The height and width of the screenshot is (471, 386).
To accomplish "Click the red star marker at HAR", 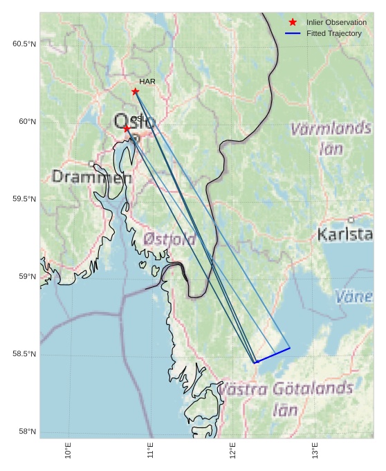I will [x=136, y=91].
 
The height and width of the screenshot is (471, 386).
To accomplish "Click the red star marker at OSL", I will [x=127, y=129].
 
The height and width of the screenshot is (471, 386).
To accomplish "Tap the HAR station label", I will [x=147, y=82].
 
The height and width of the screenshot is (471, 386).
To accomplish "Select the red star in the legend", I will [x=293, y=23].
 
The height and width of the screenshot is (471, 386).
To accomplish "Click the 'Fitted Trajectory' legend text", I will [x=334, y=33].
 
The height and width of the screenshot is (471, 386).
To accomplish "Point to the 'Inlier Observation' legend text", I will [x=337, y=23].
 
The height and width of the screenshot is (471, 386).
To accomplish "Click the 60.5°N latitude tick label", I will [x=24, y=44].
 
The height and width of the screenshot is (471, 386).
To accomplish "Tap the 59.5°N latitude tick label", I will [x=24, y=199].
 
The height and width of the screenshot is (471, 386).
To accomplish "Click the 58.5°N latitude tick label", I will [x=24, y=354].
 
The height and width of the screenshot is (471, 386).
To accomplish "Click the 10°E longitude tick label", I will [x=68, y=450].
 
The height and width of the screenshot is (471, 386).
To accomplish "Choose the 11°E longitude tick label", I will [x=150, y=450].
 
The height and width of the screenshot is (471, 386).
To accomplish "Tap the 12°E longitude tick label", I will [x=232, y=450].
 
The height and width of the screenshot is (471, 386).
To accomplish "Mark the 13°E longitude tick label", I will [x=315, y=450].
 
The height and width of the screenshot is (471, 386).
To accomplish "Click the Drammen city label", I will [x=91, y=177].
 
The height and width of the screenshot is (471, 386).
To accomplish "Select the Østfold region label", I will [x=169, y=240].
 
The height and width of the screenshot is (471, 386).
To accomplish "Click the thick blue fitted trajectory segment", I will [x=273, y=355].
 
